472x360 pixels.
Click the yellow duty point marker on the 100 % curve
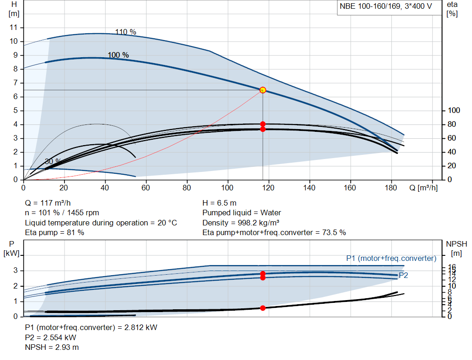click(x=263, y=90)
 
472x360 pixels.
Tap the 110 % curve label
click(x=125, y=32)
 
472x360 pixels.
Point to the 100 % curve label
click(x=118, y=55)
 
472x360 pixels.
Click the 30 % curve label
click(x=53, y=161)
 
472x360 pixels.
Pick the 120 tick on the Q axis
click(x=268, y=188)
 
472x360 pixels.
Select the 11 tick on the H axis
click(x=13, y=28)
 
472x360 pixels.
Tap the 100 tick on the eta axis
click(x=454, y=111)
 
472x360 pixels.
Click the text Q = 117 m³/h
click(x=48, y=203)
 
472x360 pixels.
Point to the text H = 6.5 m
click(x=220, y=203)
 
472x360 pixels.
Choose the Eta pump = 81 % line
click(x=54, y=233)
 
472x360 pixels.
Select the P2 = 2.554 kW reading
click(x=51, y=337)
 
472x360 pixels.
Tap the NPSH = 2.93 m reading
click(x=52, y=347)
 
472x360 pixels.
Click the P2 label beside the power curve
click(x=403, y=275)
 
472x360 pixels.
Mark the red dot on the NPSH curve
click(x=263, y=308)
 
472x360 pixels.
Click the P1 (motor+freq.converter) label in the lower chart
click(x=391, y=258)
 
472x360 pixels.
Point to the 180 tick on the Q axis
click(x=391, y=188)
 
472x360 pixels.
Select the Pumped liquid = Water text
click(x=242, y=213)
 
